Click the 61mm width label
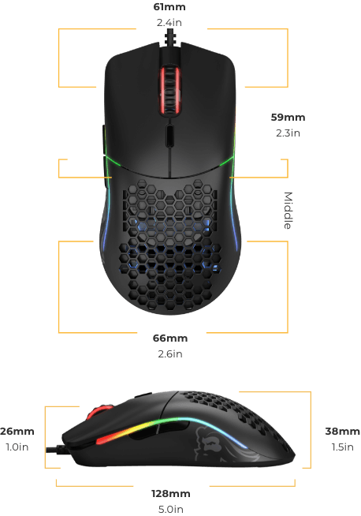(169, 7)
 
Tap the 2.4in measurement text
(169, 22)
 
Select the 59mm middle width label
(288, 117)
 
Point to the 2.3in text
(288, 133)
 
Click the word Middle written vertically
(288, 211)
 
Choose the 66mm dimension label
(170, 338)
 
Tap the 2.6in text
(170, 353)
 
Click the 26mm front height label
(17, 431)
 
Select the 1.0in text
(17, 447)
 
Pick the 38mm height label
(342, 431)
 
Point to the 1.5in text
(342, 447)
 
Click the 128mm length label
(170, 494)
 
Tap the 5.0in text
(170, 509)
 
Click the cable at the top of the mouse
(170, 37)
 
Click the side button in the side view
(143, 395)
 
